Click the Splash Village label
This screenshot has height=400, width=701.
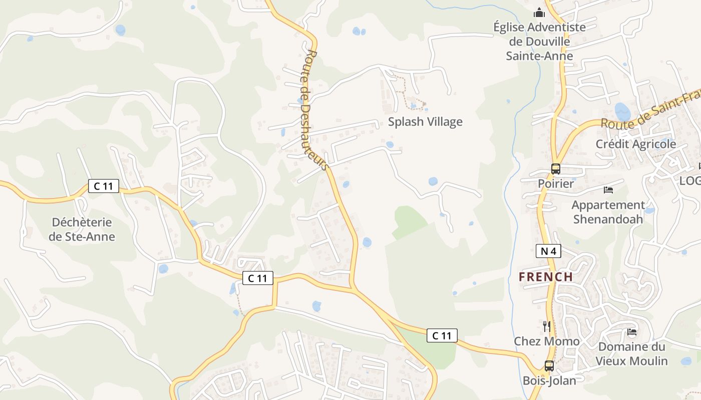(425, 121)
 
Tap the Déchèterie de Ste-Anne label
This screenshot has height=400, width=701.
(82, 229)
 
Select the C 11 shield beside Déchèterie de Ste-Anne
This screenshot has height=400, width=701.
(104, 186)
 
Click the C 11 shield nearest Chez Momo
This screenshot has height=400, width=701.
(442, 335)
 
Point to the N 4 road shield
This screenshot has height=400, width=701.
(548, 251)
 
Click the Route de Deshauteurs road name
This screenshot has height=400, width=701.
(315, 110)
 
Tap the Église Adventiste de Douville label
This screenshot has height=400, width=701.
(539, 41)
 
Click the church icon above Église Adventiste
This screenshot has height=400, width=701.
(539, 12)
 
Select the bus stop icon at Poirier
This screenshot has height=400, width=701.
(556, 169)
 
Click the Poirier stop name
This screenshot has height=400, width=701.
(556, 183)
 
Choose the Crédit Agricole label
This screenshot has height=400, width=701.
(636, 144)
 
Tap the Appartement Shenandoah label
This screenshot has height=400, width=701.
(608, 211)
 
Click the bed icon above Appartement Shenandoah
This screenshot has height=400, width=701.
(608, 190)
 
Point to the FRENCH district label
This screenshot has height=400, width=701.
(546, 276)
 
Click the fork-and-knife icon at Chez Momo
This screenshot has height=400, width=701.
(547, 326)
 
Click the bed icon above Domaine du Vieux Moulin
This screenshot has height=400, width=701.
(632, 331)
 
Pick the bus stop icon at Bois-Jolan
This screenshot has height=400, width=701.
(549, 365)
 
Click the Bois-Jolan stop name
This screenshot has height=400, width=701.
(549, 380)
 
